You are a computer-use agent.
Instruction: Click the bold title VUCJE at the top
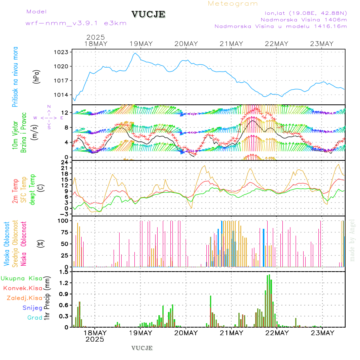pos(148,15)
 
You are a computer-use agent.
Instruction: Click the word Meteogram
pos(233,4)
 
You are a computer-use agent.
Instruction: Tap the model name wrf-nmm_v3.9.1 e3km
pos(76,23)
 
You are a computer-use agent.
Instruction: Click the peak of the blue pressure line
pos(135,53)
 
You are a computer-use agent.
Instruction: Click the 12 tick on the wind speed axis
pos(64,113)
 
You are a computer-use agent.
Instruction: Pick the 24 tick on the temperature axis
pos(64,162)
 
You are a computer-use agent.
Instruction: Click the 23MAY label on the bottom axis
pos(322,333)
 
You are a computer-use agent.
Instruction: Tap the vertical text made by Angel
pos(352,240)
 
